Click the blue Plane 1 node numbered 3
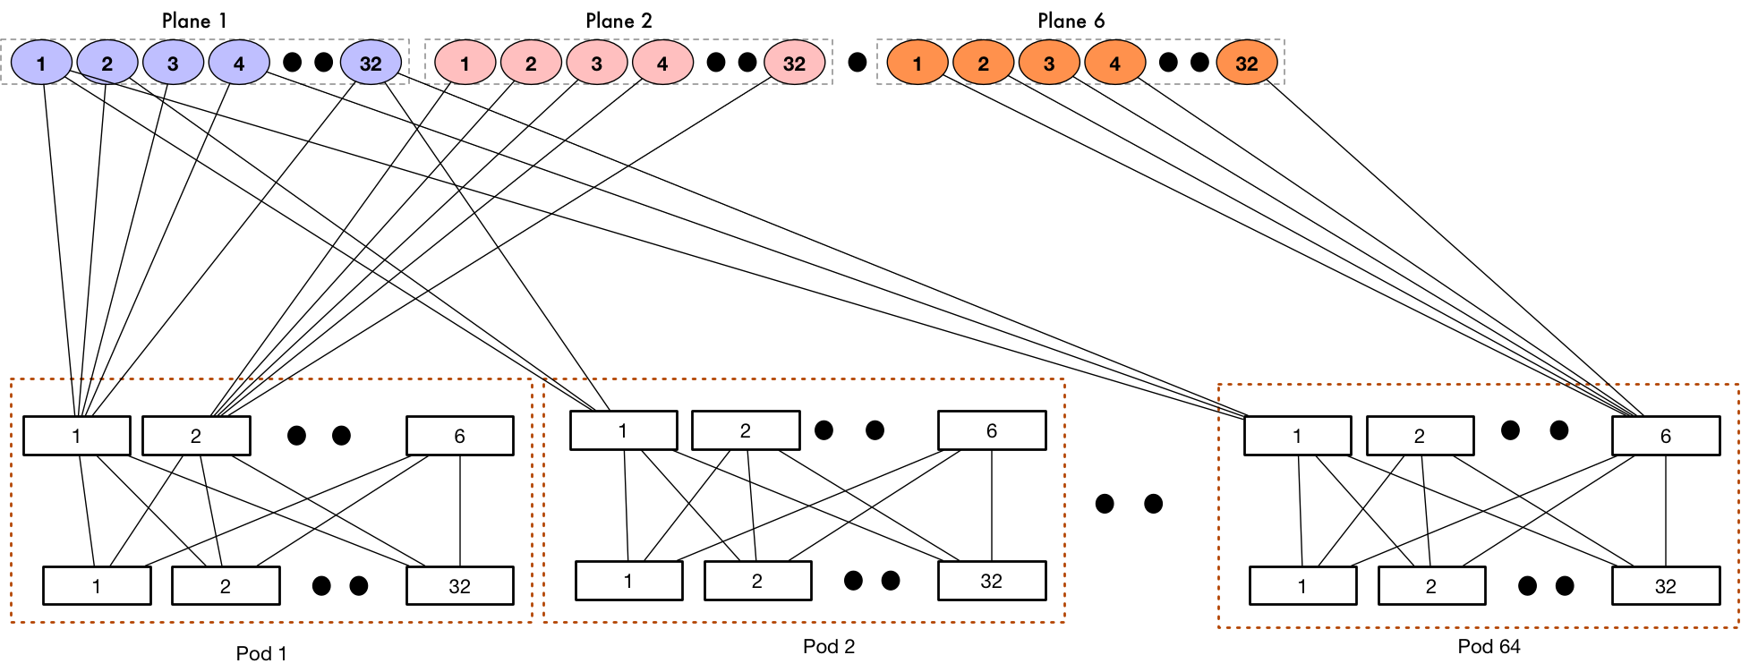pos(173,64)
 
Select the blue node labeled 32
pos(371,64)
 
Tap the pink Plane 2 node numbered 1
pos(465,64)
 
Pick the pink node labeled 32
pos(794,64)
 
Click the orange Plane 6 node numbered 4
pos(1114,64)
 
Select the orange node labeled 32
pos(1246,64)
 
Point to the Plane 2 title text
pos(619,21)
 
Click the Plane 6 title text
pos(1071,21)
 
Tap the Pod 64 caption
pos(1489,646)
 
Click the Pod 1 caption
pos(261,653)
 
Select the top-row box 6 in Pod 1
pos(459,436)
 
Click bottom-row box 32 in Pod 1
pos(459,586)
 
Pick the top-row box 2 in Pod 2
pos(745,430)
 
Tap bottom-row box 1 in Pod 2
pos(628,581)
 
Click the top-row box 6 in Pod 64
pos(1665,436)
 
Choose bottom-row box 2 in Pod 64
pos(1430,586)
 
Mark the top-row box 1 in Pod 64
pos(1297,436)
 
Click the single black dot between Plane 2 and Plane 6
pos(857,63)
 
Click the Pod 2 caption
pos(829,646)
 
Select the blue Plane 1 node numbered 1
pos(41,64)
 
